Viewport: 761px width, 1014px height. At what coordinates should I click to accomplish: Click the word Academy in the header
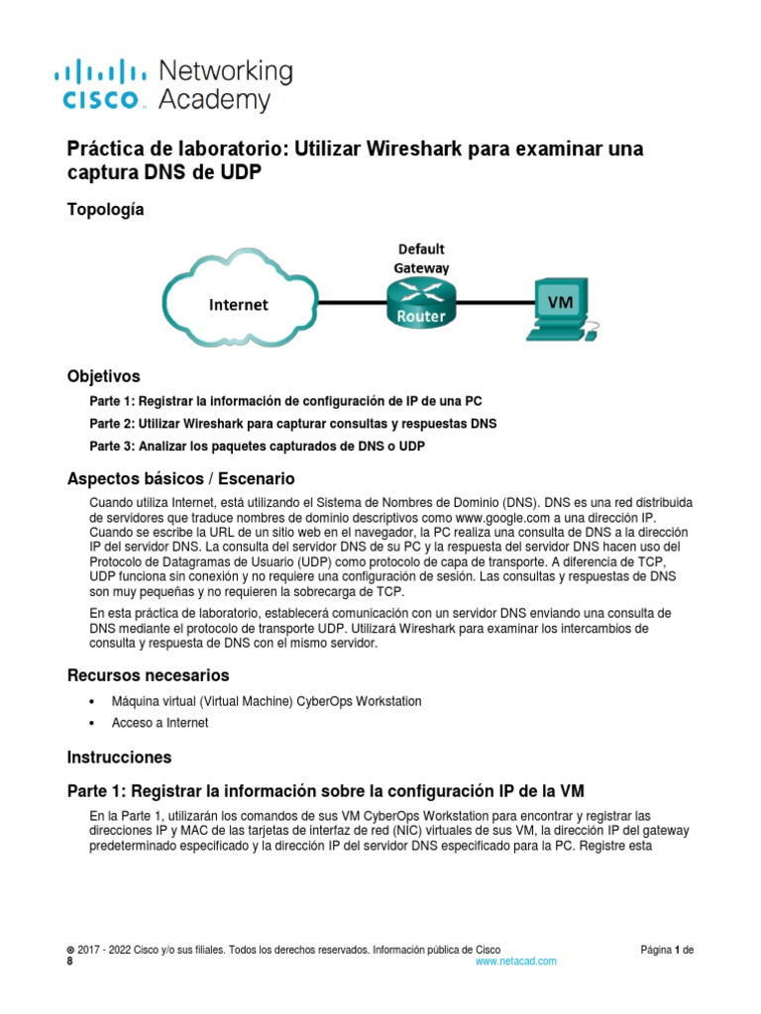(x=213, y=100)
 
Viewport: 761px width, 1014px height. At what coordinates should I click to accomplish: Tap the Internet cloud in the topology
(x=238, y=305)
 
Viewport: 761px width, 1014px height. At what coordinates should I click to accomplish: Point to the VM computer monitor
(x=560, y=303)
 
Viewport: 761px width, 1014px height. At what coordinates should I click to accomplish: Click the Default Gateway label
(x=421, y=257)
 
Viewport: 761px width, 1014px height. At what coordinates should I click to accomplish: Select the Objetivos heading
(x=103, y=376)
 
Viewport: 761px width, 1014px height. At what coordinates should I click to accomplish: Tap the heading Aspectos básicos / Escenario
(x=180, y=478)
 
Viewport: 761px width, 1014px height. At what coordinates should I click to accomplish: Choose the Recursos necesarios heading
(x=148, y=675)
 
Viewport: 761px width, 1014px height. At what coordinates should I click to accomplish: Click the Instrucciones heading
(x=119, y=757)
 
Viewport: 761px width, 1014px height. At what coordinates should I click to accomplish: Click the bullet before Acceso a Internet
(x=92, y=723)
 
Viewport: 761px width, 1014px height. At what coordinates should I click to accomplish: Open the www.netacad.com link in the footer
(x=515, y=961)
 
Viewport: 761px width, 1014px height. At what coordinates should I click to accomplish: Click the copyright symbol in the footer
(x=70, y=949)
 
